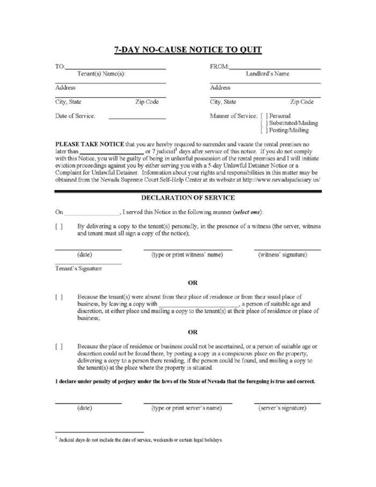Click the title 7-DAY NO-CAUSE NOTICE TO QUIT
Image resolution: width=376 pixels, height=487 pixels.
(188, 50)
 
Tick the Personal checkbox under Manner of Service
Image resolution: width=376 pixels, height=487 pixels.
(264, 116)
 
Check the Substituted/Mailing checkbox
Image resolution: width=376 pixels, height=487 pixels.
(264, 123)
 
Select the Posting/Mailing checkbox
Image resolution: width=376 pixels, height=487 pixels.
(264, 131)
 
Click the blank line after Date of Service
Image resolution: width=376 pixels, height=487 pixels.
(137, 116)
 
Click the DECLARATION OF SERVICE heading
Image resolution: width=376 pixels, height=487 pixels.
(188, 198)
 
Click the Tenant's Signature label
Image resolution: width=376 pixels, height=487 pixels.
(78, 268)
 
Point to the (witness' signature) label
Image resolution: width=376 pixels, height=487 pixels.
(282, 254)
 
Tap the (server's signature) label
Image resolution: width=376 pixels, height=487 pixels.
(282, 408)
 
